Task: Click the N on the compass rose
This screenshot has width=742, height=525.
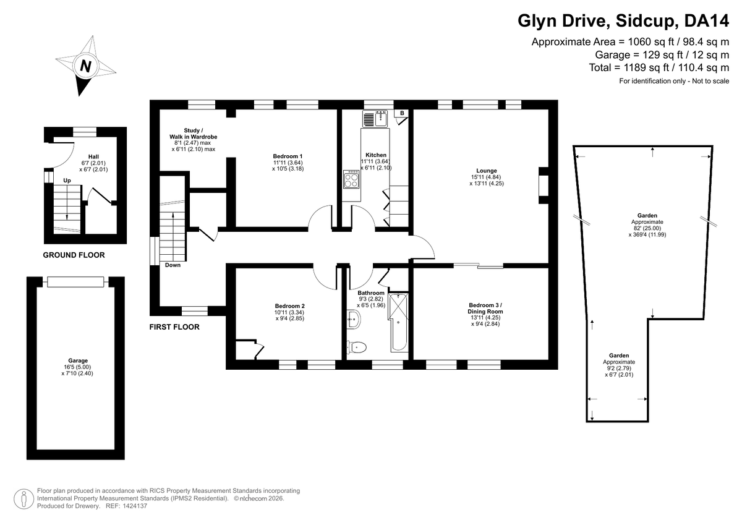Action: coord(86,66)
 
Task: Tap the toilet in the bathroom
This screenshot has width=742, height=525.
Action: coord(356,347)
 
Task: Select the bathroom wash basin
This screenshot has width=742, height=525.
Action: coord(354,318)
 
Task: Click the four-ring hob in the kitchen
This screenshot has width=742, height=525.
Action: coord(351,179)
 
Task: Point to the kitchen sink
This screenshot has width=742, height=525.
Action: coord(375,119)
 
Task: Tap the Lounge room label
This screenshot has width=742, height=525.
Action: coord(486,171)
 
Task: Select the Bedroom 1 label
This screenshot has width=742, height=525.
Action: coord(288,156)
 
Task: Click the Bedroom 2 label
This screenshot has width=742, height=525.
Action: coord(289,306)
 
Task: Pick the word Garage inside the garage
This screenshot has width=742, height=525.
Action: coord(78,361)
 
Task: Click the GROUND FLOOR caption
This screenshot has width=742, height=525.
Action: coord(74,255)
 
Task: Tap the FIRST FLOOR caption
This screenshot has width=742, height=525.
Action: coord(174,327)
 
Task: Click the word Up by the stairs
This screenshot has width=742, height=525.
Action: coord(67,181)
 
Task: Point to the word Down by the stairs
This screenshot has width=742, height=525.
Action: coord(173,265)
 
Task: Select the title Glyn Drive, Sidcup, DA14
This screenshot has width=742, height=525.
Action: coord(623,22)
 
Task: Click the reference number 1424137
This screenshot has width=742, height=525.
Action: coord(135,506)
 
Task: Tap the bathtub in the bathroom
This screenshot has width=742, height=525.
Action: coord(398,322)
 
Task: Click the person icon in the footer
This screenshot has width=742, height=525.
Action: coord(24,499)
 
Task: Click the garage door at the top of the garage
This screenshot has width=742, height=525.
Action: coord(75,282)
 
